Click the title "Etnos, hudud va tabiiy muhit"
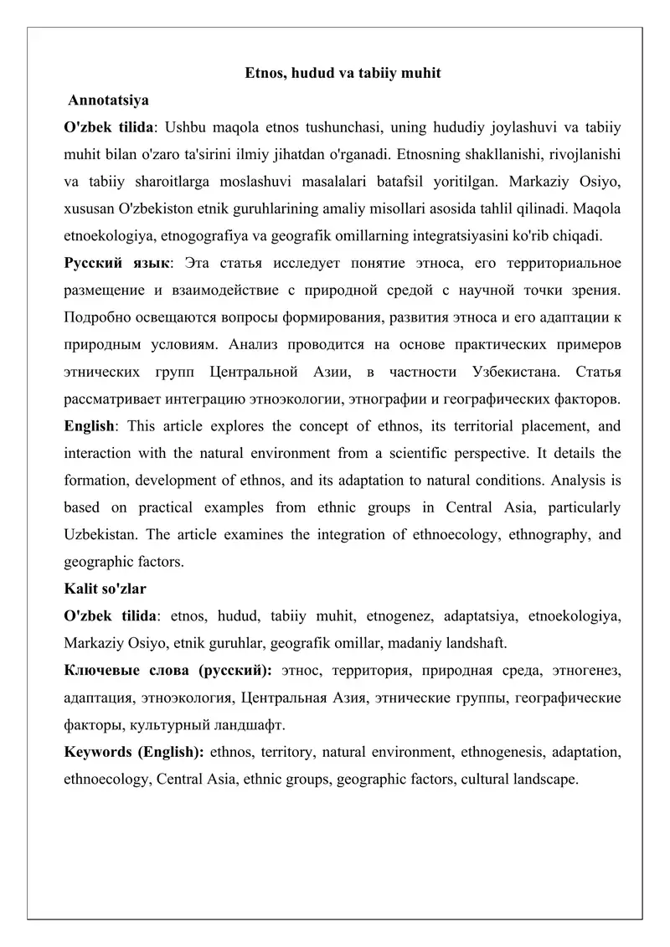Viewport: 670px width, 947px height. (343, 74)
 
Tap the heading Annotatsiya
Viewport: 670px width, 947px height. (109, 100)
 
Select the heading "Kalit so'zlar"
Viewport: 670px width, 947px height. (106, 589)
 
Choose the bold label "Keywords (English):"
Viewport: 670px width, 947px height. (135, 751)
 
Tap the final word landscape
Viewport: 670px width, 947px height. (545, 778)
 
